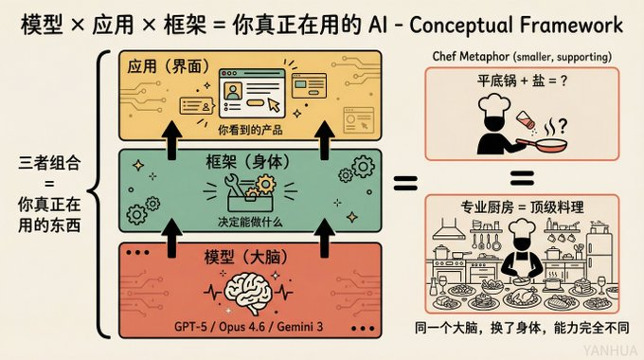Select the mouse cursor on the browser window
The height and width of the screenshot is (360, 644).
click(272, 104)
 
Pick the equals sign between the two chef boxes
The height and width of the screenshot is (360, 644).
click(519, 177)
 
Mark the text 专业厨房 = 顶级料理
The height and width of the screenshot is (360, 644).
click(520, 204)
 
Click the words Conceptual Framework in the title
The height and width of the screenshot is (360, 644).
click(529, 22)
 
